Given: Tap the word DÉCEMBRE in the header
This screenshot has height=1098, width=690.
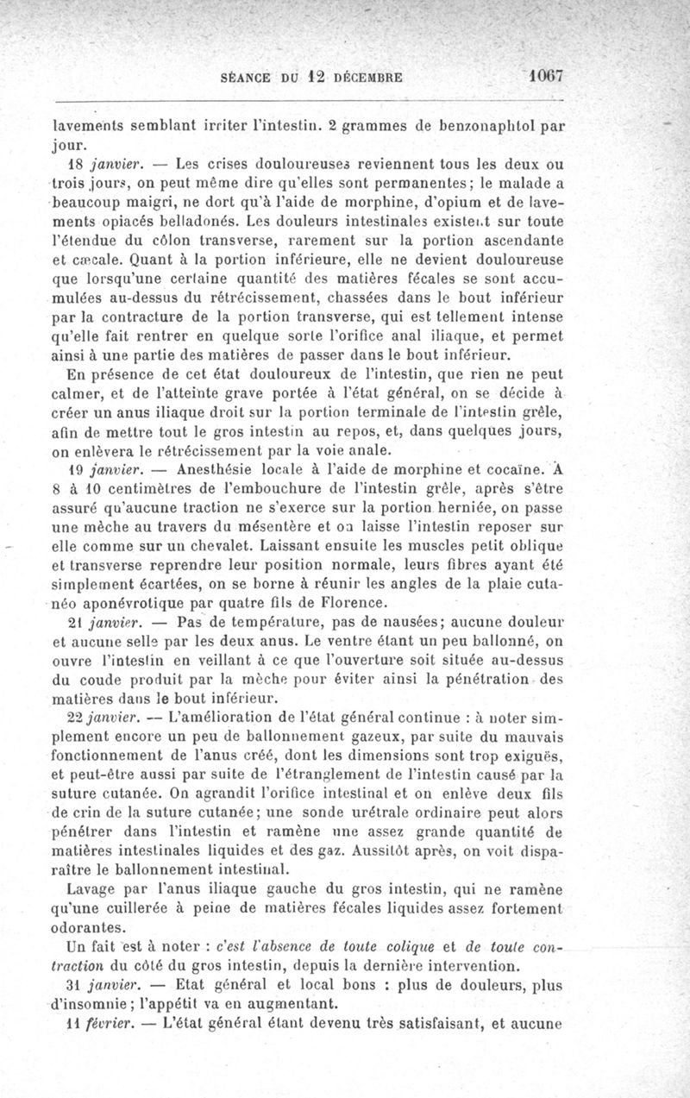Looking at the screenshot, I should [x=369, y=76].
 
